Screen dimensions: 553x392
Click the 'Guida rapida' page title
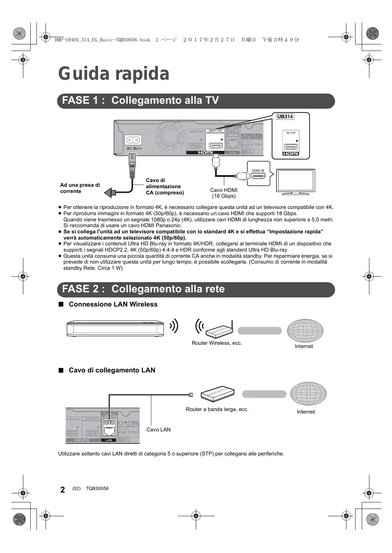pos(114,74)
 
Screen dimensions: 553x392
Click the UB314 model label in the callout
pos(285,117)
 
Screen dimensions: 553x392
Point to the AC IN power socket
pos(133,141)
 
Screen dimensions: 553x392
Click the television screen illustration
pos(295,180)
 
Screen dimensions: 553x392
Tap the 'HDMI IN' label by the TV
pos(258,171)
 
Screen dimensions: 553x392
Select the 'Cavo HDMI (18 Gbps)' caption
pos(224,193)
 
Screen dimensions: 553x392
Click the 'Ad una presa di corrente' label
pos(80,188)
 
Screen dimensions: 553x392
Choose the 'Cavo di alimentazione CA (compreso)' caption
pos(164,186)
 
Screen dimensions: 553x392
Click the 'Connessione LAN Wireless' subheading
pos(113,304)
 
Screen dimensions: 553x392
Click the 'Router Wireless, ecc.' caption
pos(217,343)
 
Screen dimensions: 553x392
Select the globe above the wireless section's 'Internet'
pos(305,331)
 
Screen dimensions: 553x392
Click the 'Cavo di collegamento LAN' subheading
pos(112,370)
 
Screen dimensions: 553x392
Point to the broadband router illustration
pos(217,394)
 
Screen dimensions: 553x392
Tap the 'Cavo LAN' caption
pos(158,430)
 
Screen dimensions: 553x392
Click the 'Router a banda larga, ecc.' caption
pos(217,409)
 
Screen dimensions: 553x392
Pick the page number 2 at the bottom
pos(63,490)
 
